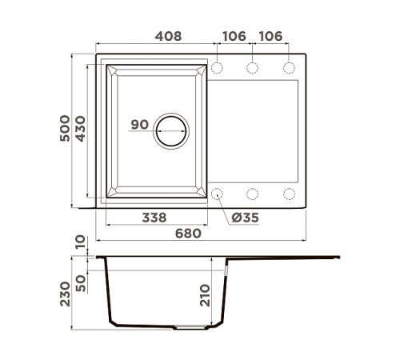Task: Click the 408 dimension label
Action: [x=166, y=36]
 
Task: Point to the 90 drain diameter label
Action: [x=139, y=125]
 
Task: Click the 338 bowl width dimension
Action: [x=154, y=217]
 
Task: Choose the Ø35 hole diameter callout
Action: [x=245, y=218]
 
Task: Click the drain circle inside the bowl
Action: [x=170, y=130]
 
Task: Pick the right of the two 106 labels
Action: [x=270, y=36]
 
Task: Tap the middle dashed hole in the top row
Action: [x=253, y=68]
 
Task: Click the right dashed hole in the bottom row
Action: [x=288, y=193]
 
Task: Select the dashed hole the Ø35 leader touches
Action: [x=218, y=193]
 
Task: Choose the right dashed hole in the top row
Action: [x=288, y=68]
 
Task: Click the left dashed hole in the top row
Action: [x=218, y=68]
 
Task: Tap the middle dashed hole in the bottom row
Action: [x=253, y=193]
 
